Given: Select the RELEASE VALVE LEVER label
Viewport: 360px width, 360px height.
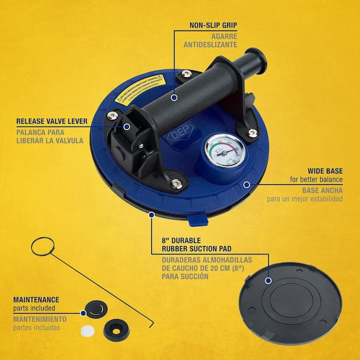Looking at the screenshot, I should point(52,121).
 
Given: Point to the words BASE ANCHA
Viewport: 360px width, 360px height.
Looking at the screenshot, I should point(324,189).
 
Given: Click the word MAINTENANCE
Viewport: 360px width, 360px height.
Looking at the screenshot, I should point(37,299).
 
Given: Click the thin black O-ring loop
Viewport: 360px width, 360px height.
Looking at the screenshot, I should point(43,246).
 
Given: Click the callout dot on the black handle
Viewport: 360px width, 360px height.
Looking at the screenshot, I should point(173,96).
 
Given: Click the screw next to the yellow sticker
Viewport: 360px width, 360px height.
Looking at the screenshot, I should point(186,74).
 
